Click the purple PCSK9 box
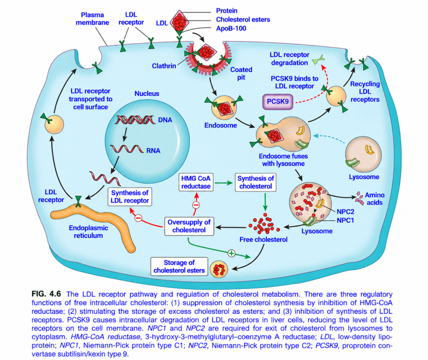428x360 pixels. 278,102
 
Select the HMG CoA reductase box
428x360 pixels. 196,182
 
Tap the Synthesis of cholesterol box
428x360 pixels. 255,182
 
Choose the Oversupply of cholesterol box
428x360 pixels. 189,226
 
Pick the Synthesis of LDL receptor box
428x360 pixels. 130,197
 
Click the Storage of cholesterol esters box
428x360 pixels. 179,266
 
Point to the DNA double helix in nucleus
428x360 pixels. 134,120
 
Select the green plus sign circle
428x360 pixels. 232,254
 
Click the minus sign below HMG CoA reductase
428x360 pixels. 196,205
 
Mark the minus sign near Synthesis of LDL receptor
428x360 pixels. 138,218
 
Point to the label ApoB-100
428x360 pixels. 231,28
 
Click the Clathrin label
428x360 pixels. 164,66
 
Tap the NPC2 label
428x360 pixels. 345,212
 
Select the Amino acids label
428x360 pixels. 374,199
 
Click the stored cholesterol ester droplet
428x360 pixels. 219,269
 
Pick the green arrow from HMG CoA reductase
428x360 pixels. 223,183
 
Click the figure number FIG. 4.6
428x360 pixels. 46,294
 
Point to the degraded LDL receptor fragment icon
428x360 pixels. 318,60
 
